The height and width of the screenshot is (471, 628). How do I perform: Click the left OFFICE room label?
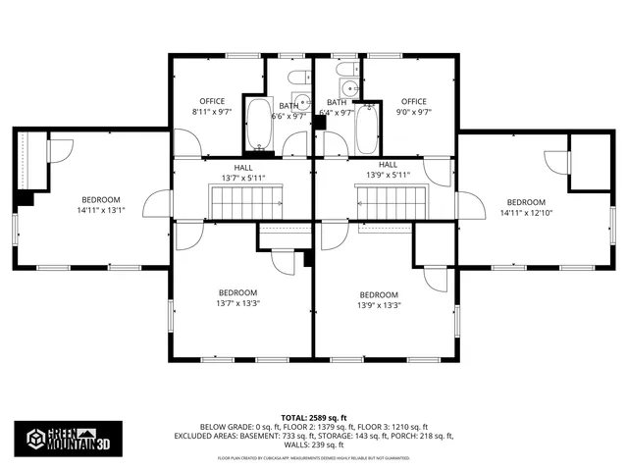pyautogui.click(x=213, y=101)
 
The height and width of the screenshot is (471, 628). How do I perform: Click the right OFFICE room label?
pyautogui.click(x=413, y=101)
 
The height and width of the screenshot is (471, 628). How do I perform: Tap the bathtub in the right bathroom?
pyautogui.click(x=367, y=128)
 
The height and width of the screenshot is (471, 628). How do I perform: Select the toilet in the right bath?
pyautogui.click(x=344, y=70)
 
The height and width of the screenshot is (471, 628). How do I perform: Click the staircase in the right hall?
pyautogui.click(x=390, y=204)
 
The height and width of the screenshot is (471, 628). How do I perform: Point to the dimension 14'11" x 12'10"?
pyautogui.click(x=526, y=213)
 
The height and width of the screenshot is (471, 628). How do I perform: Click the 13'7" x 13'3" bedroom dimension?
pyautogui.click(x=237, y=303)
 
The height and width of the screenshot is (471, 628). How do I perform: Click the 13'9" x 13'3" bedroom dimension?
pyautogui.click(x=379, y=305)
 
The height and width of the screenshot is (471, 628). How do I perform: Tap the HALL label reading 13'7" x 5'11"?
pyautogui.click(x=242, y=177)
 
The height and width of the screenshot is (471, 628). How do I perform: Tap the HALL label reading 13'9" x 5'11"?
pyautogui.click(x=388, y=176)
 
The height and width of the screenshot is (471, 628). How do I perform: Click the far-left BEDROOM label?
pyautogui.click(x=101, y=199)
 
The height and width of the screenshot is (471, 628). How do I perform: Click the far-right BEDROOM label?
pyautogui.click(x=526, y=202)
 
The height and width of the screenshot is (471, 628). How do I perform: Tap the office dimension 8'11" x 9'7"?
pyautogui.click(x=213, y=112)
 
